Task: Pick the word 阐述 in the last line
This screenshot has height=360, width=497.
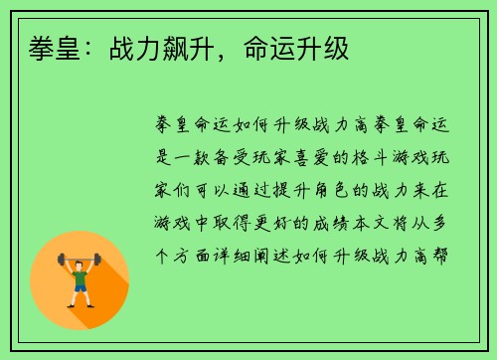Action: [289, 254]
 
